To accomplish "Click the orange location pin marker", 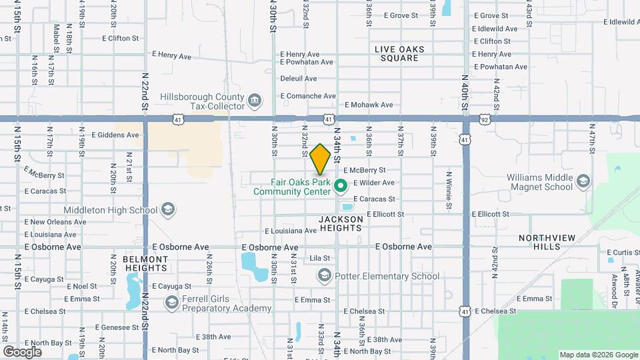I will [x=320, y=159].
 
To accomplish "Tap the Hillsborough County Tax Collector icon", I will [x=254, y=101].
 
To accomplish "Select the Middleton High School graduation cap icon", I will [x=168, y=210].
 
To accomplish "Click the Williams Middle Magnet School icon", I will [x=583, y=181].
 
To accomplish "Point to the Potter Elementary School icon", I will [x=325, y=275].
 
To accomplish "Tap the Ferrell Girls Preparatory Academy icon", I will [x=171, y=303].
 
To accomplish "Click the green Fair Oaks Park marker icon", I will [x=340, y=186].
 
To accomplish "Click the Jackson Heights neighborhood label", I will [x=340, y=223].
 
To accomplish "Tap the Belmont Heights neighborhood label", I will [x=145, y=263].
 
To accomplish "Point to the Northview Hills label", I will [x=542, y=242].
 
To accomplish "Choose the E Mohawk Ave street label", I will [x=369, y=105].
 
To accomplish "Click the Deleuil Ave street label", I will [x=299, y=79].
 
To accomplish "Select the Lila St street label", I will [x=320, y=258].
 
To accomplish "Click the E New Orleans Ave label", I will [x=55, y=222].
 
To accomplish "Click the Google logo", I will [x=22, y=351].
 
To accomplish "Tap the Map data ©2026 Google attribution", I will [x=598, y=355].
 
